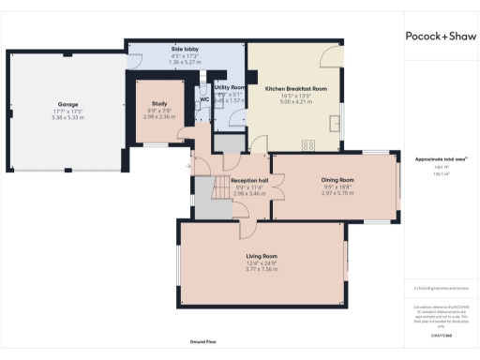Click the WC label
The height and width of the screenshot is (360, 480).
[x=203, y=100]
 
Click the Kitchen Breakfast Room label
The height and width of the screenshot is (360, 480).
[x=295, y=88]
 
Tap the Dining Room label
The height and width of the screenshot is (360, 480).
[x=337, y=179]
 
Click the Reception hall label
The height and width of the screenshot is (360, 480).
[x=225, y=180]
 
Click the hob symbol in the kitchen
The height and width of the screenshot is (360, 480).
[x=307, y=143]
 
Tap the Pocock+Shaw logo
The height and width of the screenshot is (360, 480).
[x=439, y=37]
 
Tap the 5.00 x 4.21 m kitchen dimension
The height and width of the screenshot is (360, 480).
[x=295, y=102]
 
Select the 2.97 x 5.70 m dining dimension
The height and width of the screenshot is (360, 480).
[x=337, y=192]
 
